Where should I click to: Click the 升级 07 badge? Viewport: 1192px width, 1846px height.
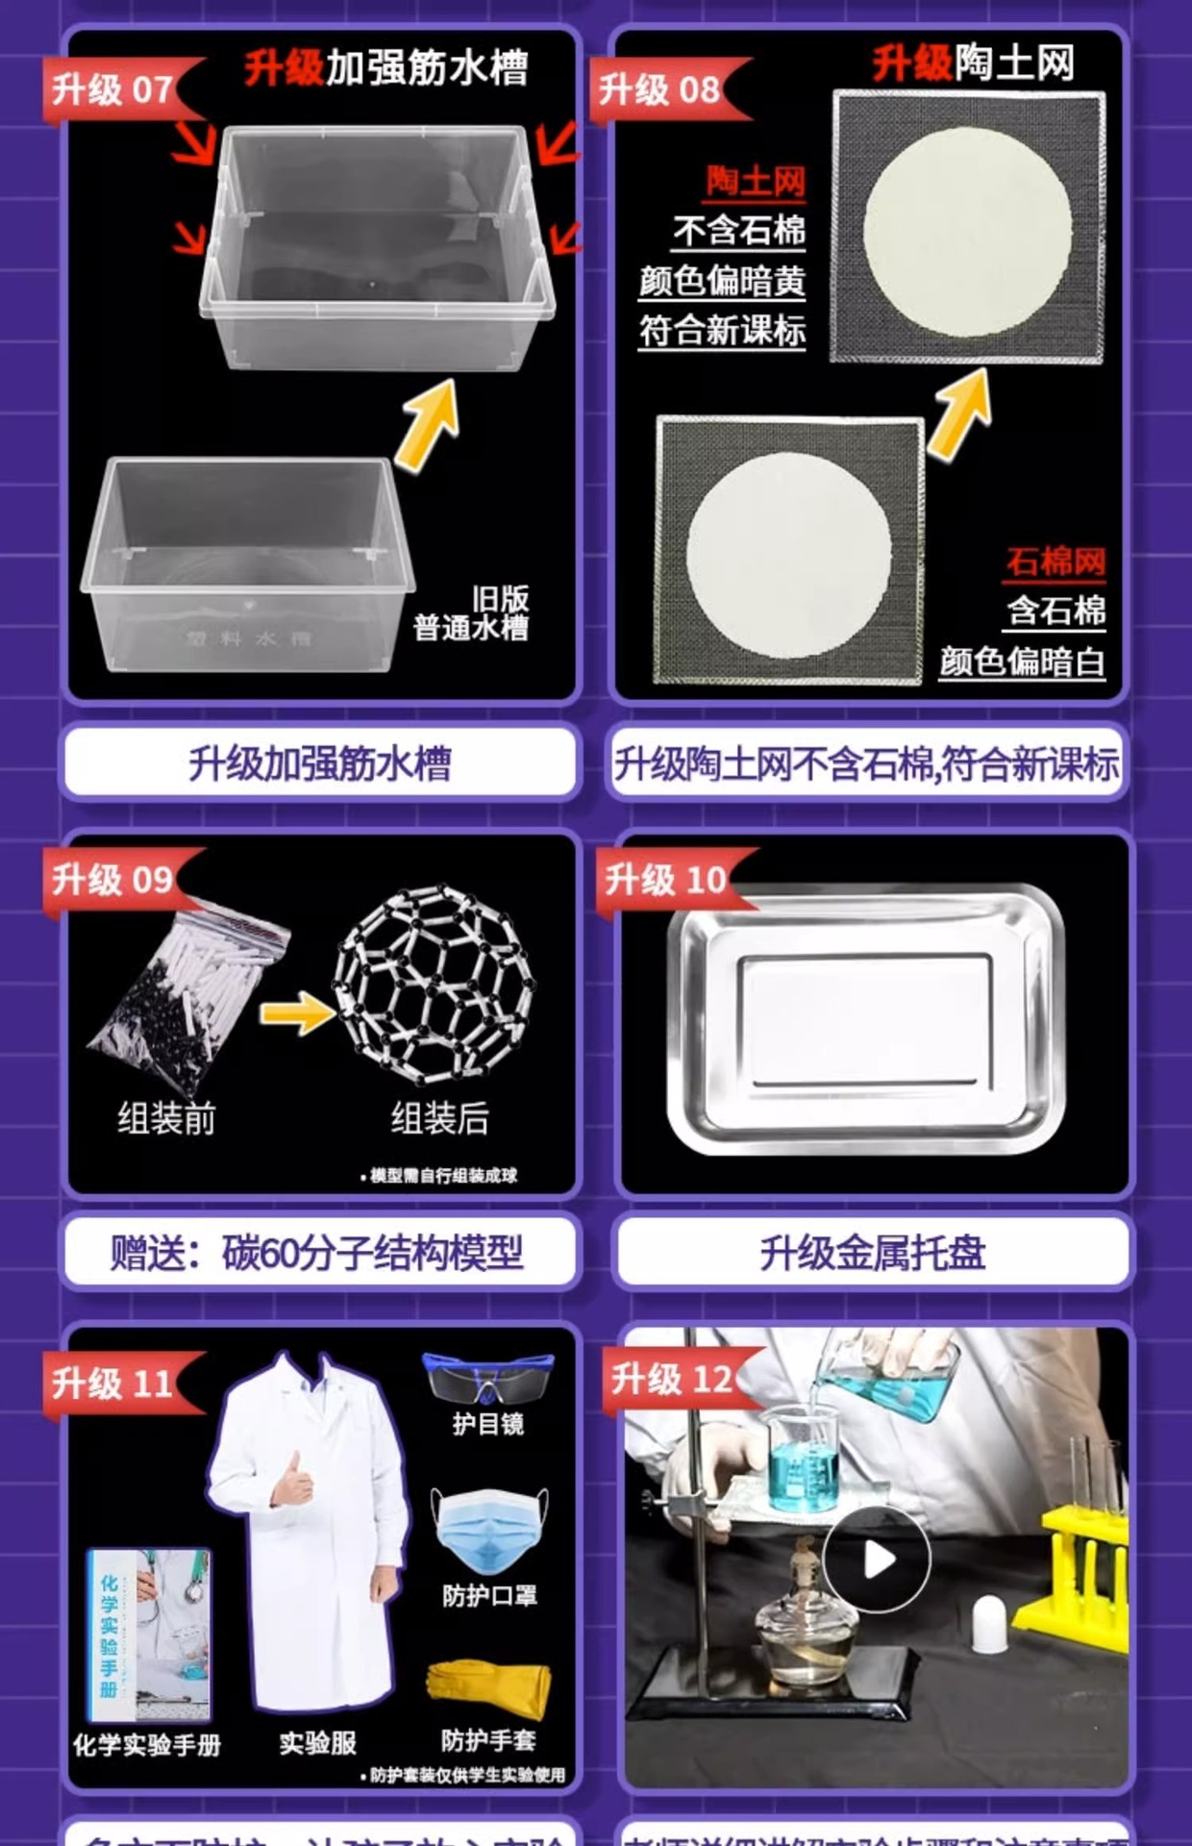coord(113,89)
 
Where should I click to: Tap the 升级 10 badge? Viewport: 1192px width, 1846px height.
coord(665,879)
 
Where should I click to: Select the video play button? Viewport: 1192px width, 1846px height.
coord(875,1559)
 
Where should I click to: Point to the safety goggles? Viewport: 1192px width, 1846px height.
coord(488,1378)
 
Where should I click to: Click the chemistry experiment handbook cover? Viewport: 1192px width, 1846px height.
coord(148,1634)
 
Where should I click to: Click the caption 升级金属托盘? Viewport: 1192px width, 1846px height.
coord(873,1253)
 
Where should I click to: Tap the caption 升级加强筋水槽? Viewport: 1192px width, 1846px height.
coord(320,764)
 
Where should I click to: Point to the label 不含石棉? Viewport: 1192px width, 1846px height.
coord(738,231)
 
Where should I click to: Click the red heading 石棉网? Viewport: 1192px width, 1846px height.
coord(1055,561)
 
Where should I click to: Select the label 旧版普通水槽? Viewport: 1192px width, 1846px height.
coord(471,613)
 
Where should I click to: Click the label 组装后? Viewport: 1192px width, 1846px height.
coord(440,1118)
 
